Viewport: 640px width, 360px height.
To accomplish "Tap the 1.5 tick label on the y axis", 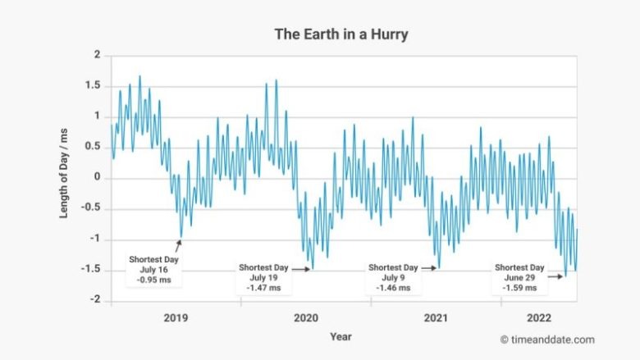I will (x=93, y=86).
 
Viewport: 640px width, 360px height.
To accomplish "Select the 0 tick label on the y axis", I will (x=97, y=178).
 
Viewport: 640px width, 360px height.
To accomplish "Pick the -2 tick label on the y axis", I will (x=95, y=300).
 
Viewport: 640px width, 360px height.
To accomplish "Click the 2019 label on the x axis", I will (x=176, y=317).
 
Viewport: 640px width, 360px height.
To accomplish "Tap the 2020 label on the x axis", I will (x=306, y=317).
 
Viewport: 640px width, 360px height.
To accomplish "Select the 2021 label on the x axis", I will (x=436, y=317).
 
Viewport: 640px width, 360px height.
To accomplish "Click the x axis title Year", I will (x=341, y=336).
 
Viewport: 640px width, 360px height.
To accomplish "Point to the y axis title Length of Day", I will (x=64, y=178).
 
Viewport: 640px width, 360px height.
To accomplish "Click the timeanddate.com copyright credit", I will (x=546, y=339).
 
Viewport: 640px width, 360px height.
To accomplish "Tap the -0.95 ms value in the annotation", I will (x=153, y=280).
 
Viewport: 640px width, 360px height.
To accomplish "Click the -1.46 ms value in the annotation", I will (x=393, y=288).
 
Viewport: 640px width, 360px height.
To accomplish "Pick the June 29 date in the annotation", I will (x=519, y=277).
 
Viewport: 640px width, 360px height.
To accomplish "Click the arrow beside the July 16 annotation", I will (x=176, y=246).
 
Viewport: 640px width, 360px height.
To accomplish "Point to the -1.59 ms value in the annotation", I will (x=519, y=288).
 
